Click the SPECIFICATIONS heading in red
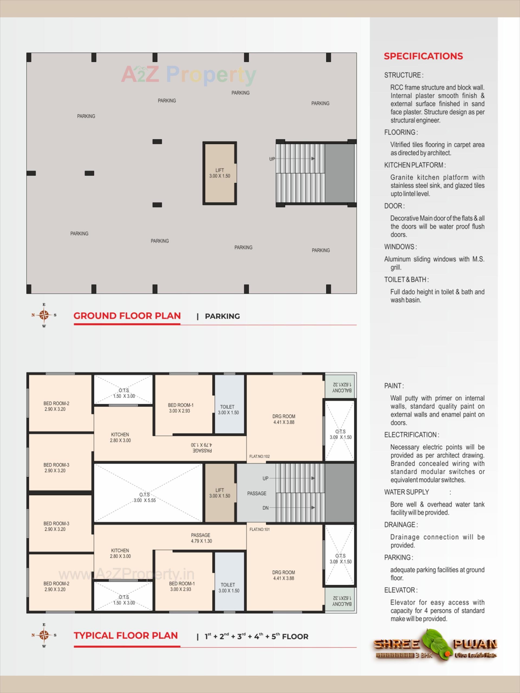[423, 56]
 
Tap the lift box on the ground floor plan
[219, 173]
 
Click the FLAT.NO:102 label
[259, 456]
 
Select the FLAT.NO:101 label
[259, 529]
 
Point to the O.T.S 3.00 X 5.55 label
[145, 497]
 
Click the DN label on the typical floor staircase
[265, 508]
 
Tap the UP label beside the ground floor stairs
[272, 159]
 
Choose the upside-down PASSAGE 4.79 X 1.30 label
[201, 448]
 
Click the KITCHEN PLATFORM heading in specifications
[414, 165]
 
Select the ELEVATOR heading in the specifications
[401, 590]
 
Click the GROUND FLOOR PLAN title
[127, 316]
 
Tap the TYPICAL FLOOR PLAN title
[126, 636]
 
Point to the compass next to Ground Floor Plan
[44, 315]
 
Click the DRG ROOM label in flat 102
[284, 419]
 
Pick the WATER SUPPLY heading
[406, 492]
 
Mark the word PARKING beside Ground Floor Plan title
[222, 316]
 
